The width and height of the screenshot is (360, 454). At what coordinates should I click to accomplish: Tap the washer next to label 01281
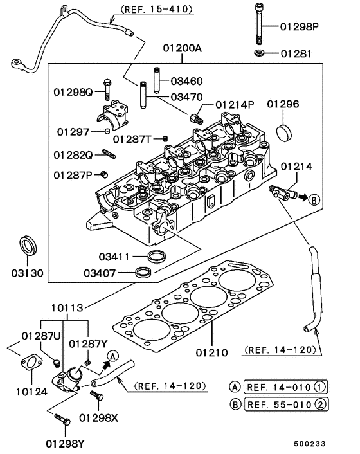(x=258, y=52)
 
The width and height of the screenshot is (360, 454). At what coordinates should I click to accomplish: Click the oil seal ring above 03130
(x=28, y=245)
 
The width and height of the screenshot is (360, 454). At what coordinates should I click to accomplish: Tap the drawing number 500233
(x=329, y=443)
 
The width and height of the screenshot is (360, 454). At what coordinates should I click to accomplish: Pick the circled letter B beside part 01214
(x=314, y=199)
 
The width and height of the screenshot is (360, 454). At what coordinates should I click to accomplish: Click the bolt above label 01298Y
(x=62, y=419)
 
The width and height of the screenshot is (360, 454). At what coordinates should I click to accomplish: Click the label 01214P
(x=235, y=104)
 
